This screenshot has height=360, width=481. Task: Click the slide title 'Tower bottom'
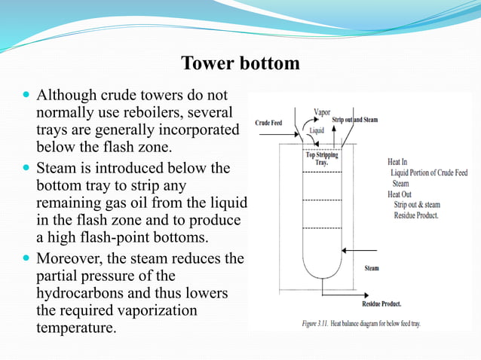click(x=240, y=63)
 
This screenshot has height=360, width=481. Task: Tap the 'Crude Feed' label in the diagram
click(x=270, y=122)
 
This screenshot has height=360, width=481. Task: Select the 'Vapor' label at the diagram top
click(x=322, y=111)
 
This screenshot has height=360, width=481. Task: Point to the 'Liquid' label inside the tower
click(x=317, y=130)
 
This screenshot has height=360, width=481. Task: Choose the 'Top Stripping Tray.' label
click(x=321, y=160)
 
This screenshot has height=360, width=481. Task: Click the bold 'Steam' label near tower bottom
click(x=372, y=268)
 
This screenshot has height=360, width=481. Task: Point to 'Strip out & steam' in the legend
click(x=417, y=204)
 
